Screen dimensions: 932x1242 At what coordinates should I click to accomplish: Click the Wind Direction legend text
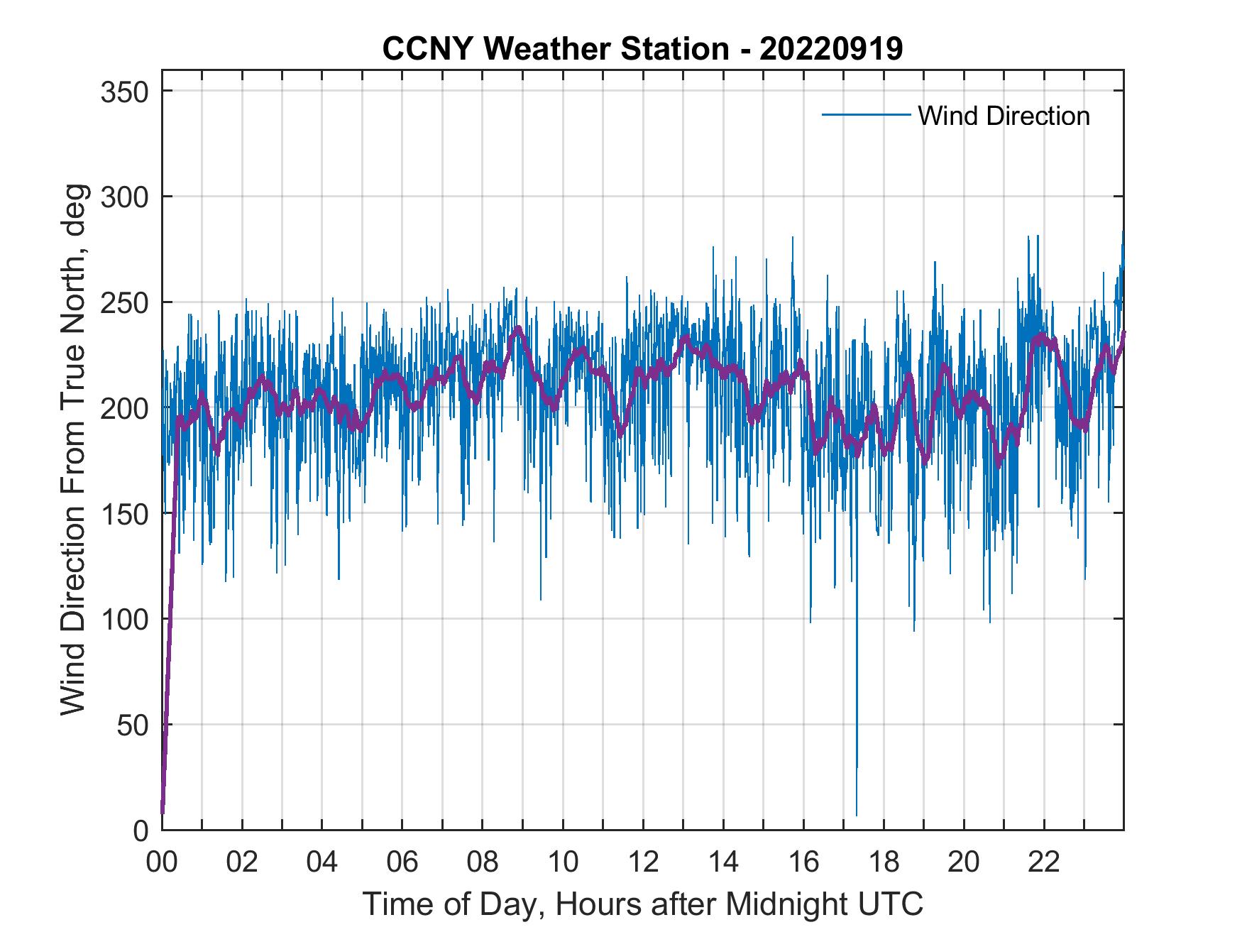click(1004, 116)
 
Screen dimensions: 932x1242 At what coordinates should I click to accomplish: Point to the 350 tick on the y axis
click(124, 92)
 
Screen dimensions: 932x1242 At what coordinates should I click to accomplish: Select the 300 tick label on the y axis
click(124, 197)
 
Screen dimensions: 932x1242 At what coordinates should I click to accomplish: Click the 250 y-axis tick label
click(124, 302)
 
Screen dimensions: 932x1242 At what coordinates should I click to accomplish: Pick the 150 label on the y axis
click(124, 513)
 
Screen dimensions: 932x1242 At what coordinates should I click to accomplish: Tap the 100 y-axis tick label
click(124, 619)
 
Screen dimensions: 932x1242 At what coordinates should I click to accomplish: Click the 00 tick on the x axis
click(162, 862)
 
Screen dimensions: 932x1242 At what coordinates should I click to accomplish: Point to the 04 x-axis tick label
click(322, 862)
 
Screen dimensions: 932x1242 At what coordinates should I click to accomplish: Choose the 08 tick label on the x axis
click(483, 862)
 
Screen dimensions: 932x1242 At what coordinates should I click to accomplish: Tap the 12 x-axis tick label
click(643, 862)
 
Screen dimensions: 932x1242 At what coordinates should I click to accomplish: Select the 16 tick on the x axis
click(803, 862)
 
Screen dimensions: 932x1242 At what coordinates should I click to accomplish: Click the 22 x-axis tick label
click(1044, 862)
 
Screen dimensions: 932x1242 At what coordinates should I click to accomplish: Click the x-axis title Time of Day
click(643, 905)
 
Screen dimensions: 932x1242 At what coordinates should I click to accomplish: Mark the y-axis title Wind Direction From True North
click(73, 449)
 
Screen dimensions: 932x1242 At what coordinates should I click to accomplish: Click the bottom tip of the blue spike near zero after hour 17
click(857, 816)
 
